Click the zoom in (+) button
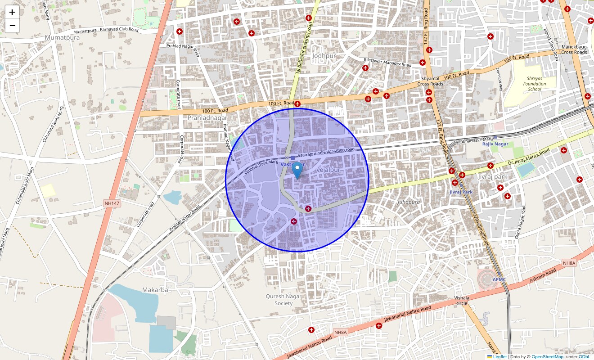click(x=12, y=12)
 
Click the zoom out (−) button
click(x=12, y=26)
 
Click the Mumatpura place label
click(x=62, y=38)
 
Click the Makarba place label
click(x=155, y=290)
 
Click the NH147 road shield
click(x=112, y=203)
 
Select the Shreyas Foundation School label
click(x=535, y=84)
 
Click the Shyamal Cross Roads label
click(x=430, y=81)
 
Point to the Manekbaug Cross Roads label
click(x=574, y=49)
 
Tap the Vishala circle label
click(x=462, y=300)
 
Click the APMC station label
click(x=499, y=279)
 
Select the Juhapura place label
click(x=408, y=202)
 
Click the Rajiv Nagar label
click(x=495, y=144)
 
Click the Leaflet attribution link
click(x=499, y=357)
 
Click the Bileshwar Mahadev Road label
click(x=387, y=62)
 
